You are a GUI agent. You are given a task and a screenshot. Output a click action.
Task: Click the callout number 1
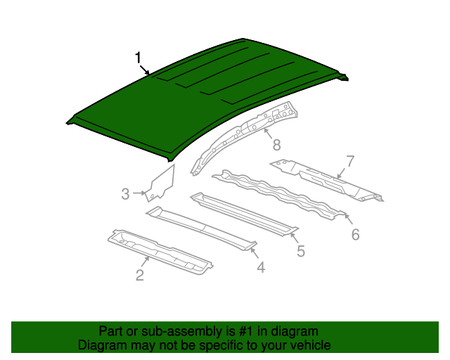(139, 58)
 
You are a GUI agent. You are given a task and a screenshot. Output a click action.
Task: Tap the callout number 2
(140, 275)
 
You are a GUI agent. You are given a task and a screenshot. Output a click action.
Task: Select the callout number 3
(125, 194)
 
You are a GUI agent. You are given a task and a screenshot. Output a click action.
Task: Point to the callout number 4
(260, 266)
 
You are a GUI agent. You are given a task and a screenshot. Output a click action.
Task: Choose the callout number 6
(355, 235)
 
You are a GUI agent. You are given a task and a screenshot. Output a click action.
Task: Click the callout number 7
(349, 160)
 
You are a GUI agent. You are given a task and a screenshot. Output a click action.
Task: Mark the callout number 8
(276, 145)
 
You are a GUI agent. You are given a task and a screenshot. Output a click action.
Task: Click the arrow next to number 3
(139, 193)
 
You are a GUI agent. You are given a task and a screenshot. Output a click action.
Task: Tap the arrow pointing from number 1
(146, 70)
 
